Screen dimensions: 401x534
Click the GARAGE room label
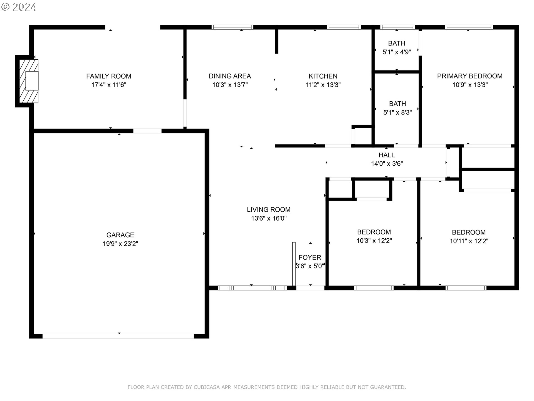120,235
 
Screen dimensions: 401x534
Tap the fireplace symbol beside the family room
29,81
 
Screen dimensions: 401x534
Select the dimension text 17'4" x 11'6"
109,85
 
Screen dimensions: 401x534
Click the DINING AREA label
230,76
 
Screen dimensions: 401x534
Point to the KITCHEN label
323,76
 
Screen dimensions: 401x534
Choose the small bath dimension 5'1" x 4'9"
397,52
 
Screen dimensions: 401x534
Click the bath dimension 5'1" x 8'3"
397,113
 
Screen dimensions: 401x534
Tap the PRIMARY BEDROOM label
469,76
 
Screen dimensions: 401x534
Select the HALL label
387,155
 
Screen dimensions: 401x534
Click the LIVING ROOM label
269,209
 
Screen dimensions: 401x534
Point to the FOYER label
310,257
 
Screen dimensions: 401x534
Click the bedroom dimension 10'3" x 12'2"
374,241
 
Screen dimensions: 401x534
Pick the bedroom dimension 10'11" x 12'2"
469,241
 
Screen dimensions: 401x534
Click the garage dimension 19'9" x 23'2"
120,244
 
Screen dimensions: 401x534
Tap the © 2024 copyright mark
19,7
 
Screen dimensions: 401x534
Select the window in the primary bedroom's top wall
469,27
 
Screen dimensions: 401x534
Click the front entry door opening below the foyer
310,288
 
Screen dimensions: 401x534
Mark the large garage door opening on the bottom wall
118,336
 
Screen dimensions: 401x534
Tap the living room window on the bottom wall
252,288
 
